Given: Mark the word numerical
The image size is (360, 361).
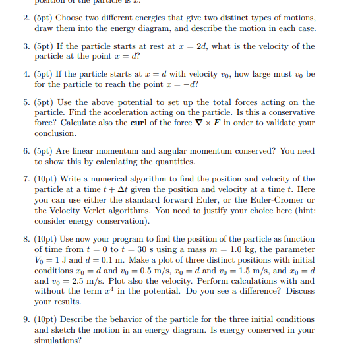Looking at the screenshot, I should click(x=119, y=180).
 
